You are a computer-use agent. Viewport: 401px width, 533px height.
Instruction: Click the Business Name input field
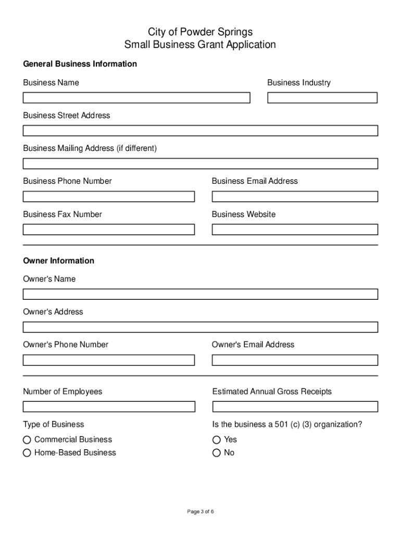(x=136, y=98)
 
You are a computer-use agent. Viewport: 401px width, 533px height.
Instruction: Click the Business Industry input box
(x=322, y=98)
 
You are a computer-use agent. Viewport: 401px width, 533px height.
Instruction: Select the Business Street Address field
(x=200, y=131)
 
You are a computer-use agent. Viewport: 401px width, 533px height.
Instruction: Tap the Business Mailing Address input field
(x=200, y=163)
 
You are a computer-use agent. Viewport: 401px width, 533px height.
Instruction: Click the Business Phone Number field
(x=108, y=197)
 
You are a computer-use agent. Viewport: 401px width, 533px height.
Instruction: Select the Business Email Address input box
(x=294, y=197)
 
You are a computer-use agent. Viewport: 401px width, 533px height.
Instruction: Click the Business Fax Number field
(x=108, y=230)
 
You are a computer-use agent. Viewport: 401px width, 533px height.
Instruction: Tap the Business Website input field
(x=294, y=230)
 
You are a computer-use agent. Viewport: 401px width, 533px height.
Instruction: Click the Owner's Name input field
(x=200, y=295)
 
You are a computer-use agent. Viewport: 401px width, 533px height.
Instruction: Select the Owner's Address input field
(x=200, y=327)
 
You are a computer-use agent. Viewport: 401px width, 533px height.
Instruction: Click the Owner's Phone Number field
(x=108, y=360)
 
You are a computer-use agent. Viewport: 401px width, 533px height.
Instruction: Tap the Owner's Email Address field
(x=294, y=360)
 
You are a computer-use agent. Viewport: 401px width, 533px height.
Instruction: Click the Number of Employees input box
(x=108, y=407)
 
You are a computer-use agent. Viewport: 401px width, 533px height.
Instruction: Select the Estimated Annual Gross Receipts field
(x=294, y=407)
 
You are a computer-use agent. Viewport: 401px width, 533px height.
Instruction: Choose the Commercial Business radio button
(x=27, y=440)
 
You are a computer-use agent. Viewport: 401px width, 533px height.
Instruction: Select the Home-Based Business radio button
(x=27, y=453)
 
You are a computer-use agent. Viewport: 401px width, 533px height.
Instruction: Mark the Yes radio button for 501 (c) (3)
(x=217, y=440)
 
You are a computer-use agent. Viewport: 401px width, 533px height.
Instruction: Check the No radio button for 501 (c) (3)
(x=217, y=453)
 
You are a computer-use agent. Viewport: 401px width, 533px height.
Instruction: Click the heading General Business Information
(x=80, y=64)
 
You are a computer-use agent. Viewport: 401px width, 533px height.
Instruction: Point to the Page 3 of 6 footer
(x=200, y=512)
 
